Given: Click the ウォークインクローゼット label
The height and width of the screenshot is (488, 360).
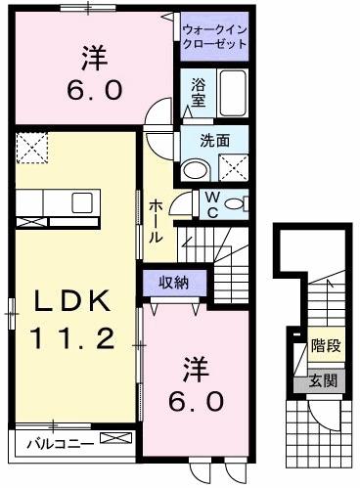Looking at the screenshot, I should pyautogui.click(x=214, y=37).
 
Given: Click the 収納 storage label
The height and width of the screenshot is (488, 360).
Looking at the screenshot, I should pyautogui.click(x=173, y=283).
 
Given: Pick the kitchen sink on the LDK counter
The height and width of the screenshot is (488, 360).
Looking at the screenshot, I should pyautogui.click(x=81, y=202).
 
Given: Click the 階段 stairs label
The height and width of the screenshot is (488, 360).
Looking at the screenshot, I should pyautogui.click(x=325, y=345).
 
